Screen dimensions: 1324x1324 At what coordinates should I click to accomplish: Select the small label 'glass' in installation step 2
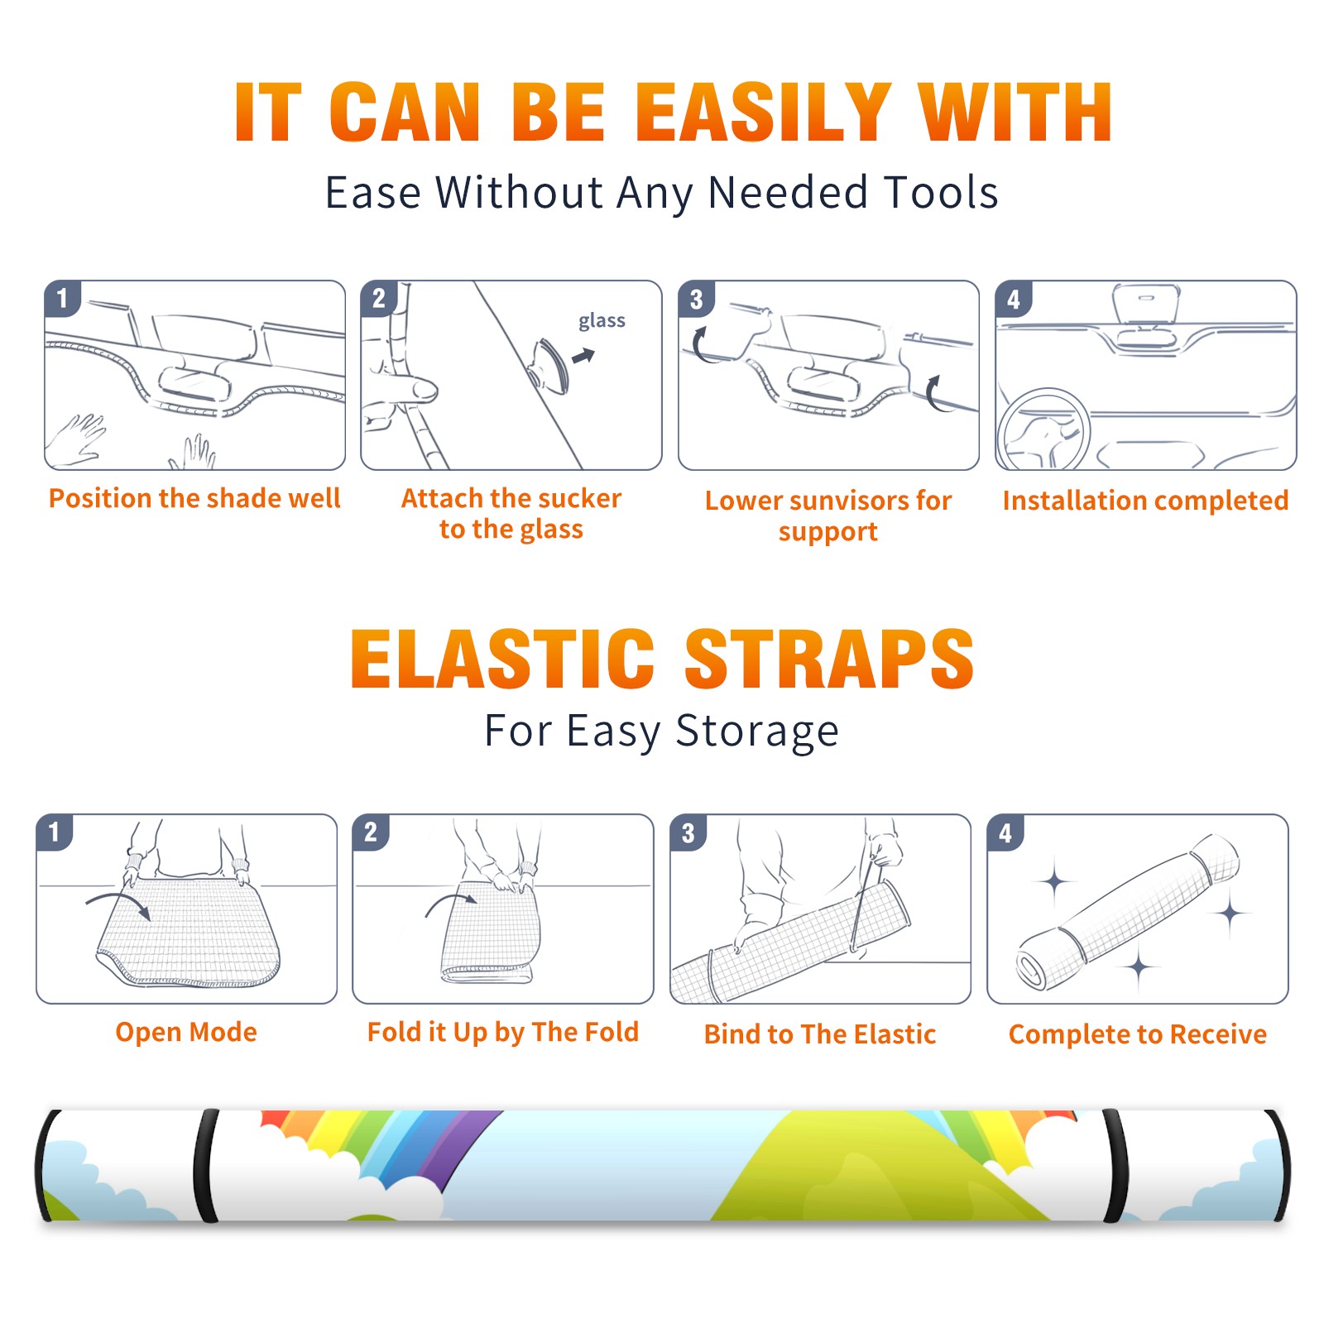point(602,321)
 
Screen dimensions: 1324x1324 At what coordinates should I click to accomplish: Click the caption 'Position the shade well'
point(194,498)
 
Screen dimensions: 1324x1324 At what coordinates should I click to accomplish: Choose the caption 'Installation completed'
point(1145,500)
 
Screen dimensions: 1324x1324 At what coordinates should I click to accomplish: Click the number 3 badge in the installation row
point(696,300)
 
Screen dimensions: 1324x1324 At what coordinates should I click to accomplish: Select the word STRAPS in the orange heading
point(829,659)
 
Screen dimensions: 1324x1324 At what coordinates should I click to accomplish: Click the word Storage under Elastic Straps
point(757,731)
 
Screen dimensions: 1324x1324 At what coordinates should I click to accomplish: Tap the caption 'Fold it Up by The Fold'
point(503,1032)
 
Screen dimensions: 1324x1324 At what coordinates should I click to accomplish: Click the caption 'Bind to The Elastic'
point(820,1034)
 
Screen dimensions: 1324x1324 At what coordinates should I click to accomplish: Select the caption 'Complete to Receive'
point(1138,1034)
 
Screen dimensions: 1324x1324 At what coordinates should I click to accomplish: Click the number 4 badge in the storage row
point(1005,832)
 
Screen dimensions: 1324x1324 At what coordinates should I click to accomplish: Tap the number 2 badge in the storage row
point(371,832)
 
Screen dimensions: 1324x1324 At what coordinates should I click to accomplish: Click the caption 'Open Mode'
point(186,1032)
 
